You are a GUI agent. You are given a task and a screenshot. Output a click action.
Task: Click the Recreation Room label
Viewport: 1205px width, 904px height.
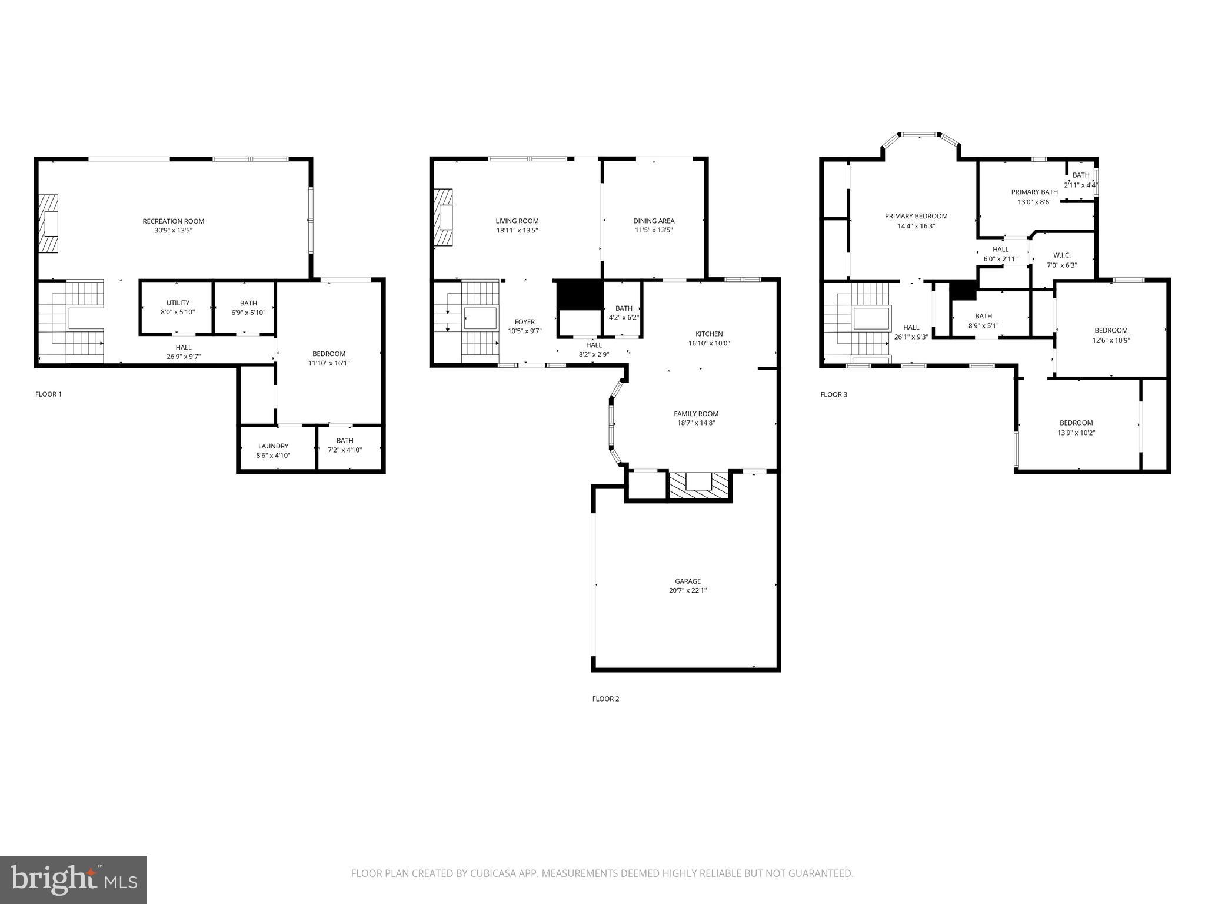174,221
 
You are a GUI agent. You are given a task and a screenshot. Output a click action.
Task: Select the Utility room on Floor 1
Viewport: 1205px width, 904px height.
178,307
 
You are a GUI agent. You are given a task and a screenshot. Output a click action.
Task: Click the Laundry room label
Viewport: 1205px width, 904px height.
273,446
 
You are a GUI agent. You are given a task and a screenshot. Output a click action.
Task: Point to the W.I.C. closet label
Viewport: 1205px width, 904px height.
1062,255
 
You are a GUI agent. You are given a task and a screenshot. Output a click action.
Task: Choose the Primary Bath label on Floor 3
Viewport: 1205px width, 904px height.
1034,192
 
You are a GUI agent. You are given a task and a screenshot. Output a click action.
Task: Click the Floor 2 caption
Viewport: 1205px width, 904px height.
605,699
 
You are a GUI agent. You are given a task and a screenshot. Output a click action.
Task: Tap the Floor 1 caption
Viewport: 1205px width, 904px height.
48,394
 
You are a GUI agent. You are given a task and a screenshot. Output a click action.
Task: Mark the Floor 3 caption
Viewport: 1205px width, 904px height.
834,394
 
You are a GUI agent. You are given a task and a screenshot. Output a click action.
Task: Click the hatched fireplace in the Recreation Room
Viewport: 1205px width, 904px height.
49,224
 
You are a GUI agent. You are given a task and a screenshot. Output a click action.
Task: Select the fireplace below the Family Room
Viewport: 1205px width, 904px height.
700,486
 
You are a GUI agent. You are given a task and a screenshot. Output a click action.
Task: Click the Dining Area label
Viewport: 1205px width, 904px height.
654,221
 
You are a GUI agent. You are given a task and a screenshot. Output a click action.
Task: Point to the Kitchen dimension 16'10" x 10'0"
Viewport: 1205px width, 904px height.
709,343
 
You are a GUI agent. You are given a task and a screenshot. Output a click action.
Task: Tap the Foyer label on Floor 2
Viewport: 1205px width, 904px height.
525,322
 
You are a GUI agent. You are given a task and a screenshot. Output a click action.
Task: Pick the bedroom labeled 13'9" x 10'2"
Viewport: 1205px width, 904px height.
1076,428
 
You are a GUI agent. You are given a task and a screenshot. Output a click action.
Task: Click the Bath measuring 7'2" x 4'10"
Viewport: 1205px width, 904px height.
345,446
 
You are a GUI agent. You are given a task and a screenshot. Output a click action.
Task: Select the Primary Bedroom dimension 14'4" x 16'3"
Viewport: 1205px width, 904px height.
916,226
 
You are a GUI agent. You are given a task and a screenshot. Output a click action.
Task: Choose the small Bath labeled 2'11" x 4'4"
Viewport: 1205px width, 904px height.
1081,180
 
